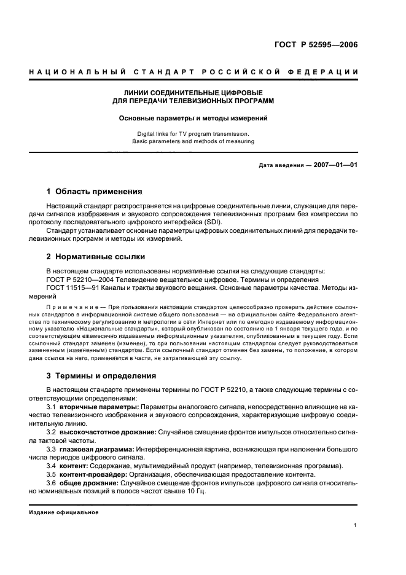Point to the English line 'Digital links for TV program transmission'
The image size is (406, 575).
[x=193, y=133]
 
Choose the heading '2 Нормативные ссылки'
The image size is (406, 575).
[x=96, y=257]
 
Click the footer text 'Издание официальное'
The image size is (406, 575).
[x=64, y=512]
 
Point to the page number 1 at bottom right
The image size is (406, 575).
[x=356, y=525]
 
